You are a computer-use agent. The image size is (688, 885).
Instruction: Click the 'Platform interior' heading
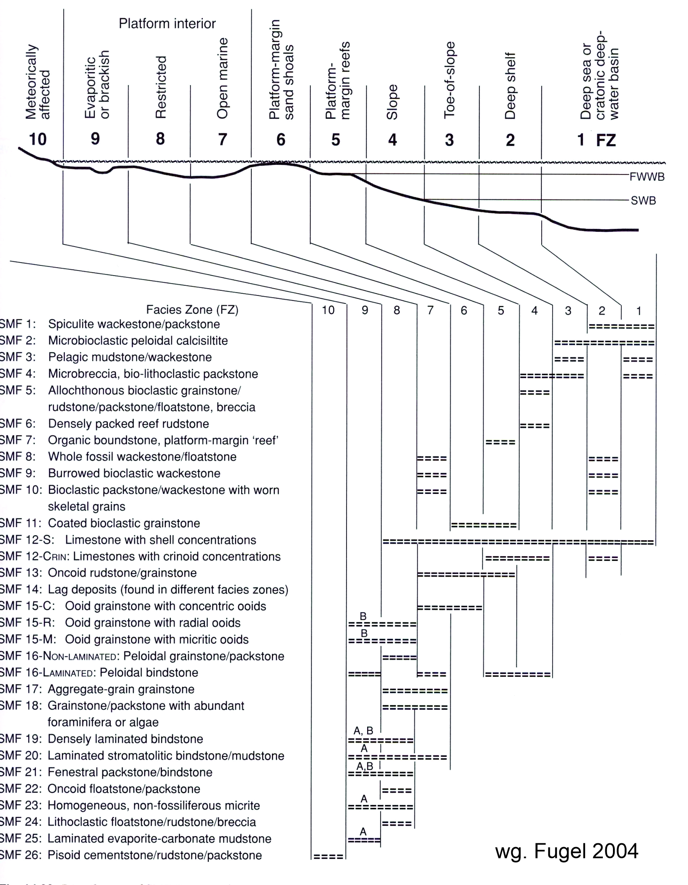[x=167, y=24]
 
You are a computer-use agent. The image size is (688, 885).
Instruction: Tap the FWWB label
[x=647, y=177]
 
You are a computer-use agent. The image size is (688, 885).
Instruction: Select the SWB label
[x=643, y=201]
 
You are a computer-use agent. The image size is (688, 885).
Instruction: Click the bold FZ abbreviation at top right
[x=606, y=140]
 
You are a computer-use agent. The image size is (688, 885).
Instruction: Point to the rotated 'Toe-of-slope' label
[x=450, y=80]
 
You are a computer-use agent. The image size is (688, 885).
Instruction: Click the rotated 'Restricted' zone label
[x=161, y=87]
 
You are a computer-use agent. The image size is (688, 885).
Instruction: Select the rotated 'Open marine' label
[x=222, y=78]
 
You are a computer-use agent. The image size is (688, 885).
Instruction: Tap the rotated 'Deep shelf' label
[x=510, y=86]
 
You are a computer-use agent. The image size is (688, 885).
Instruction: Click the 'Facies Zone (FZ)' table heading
[x=192, y=310]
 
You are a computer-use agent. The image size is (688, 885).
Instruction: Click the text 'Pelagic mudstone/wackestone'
[x=130, y=357]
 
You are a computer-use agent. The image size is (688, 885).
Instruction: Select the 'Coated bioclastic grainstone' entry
[x=124, y=523]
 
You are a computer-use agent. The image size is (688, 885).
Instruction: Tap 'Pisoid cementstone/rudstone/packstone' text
[x=155, y=855]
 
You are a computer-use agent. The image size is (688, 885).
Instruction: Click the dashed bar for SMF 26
[x=328, y=856]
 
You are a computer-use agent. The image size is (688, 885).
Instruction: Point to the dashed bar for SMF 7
[x=500, y=442]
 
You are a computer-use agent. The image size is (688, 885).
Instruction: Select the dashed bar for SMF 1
[x=621, y=327]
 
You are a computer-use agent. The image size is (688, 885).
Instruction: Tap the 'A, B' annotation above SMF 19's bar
[x=363, y=730]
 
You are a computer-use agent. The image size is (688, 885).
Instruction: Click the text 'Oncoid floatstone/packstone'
[x=124, y=789]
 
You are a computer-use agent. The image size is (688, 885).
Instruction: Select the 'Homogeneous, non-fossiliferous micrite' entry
[x=154, y=805]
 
